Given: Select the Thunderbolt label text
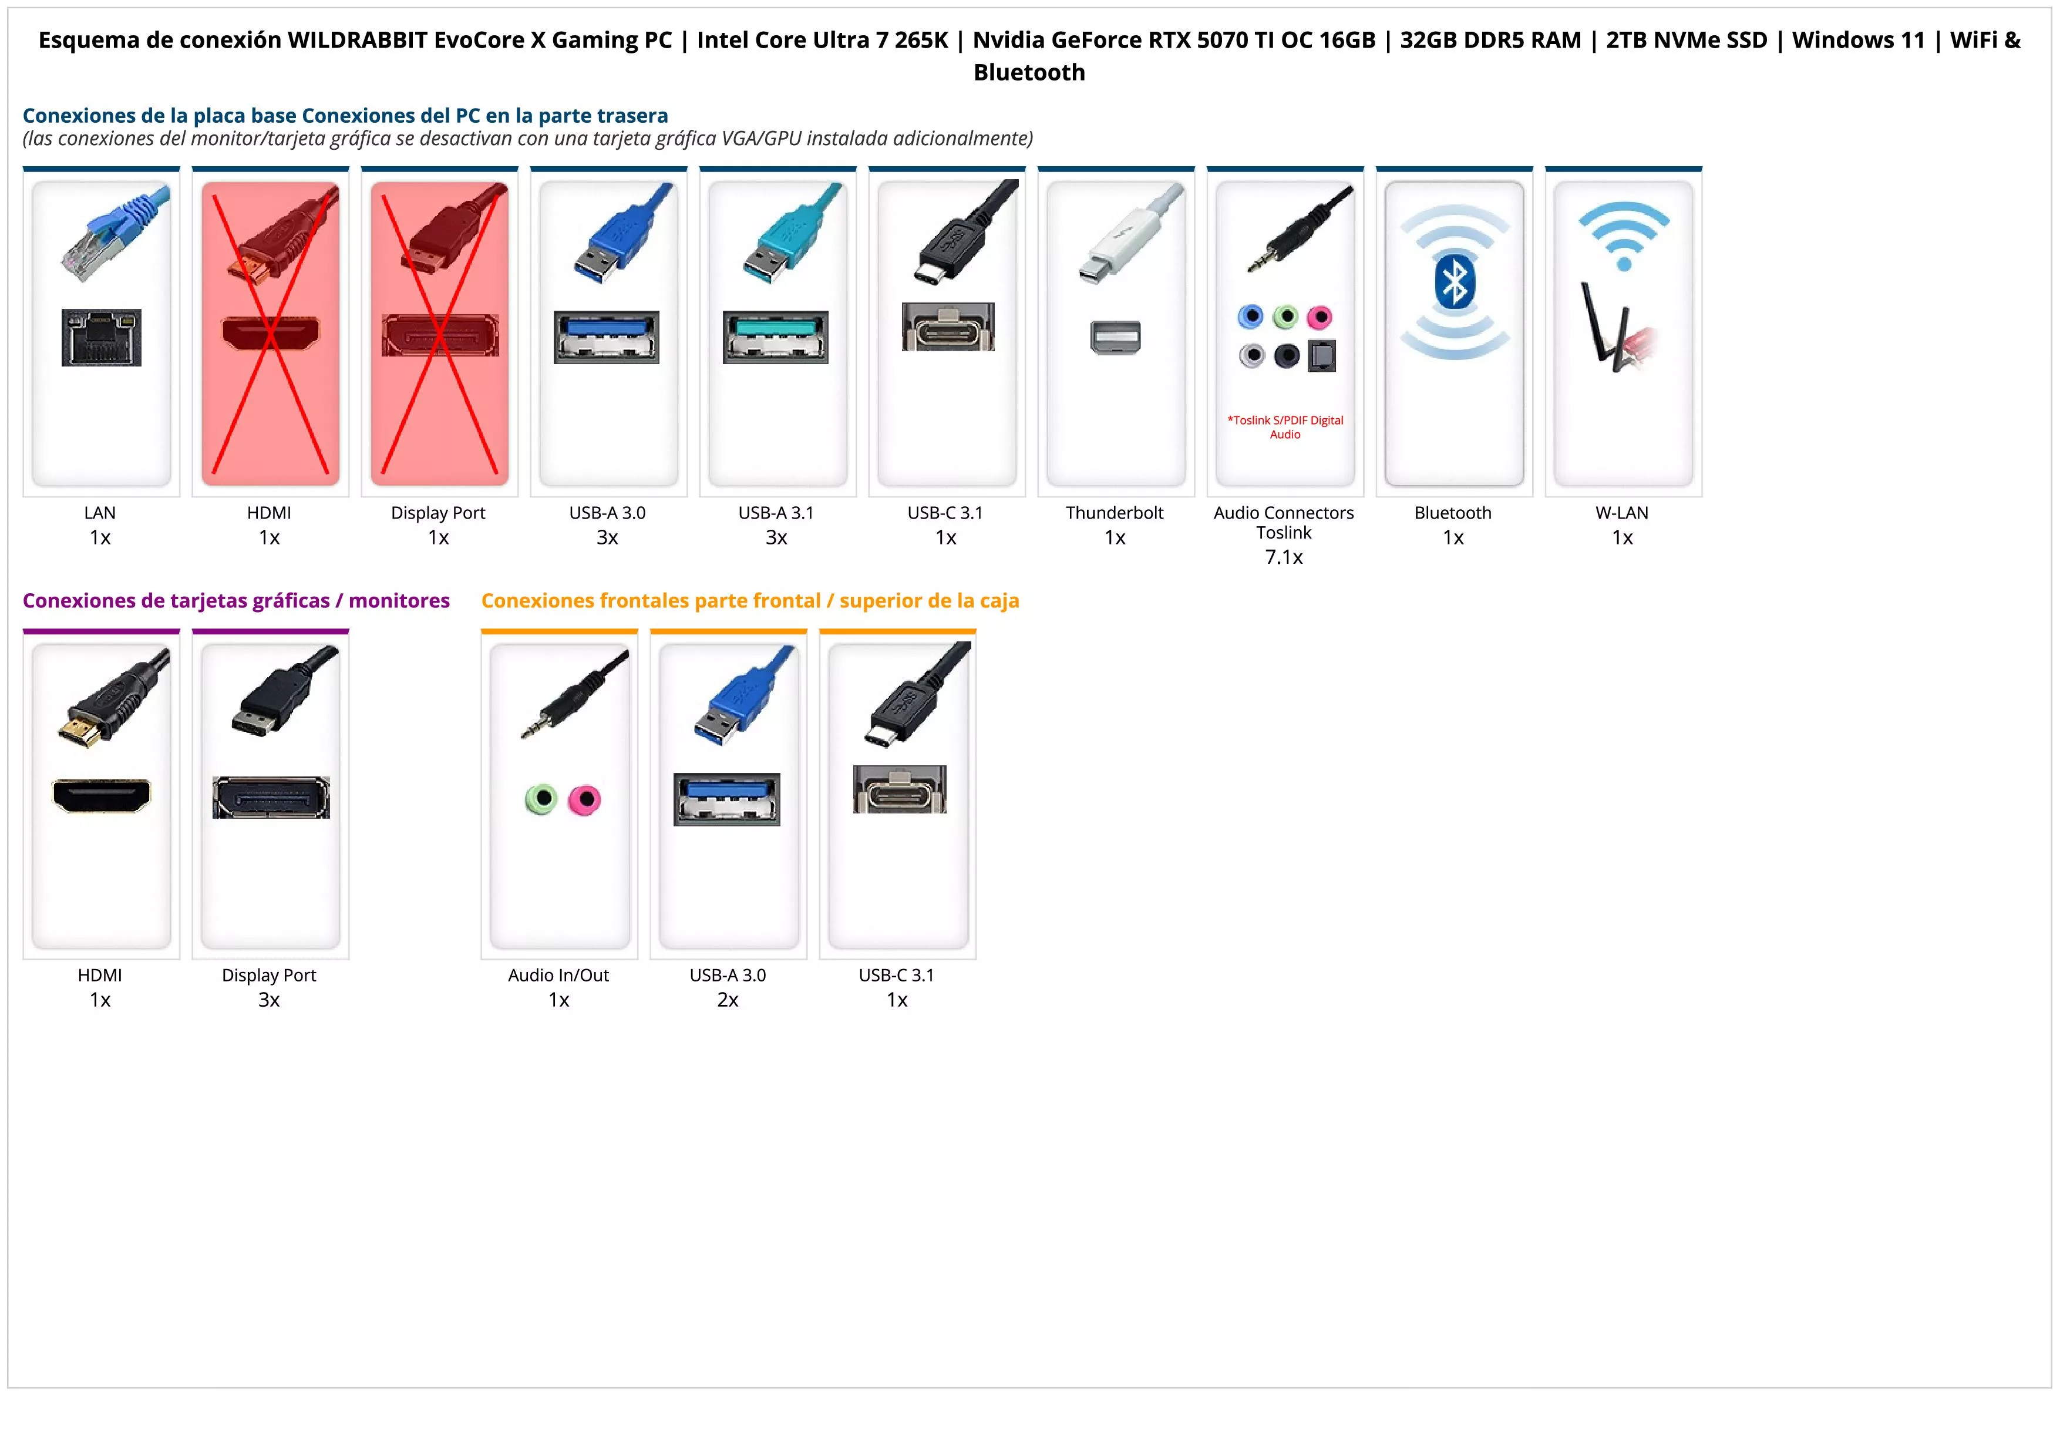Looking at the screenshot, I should pyautogui.click(x=1115, y=513).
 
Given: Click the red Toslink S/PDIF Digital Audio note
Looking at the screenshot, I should pyautogui.click(x=1285, y=427).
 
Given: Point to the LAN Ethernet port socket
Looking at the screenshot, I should pyautogui.click(x=102, y=337).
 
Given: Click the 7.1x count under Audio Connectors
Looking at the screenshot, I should pyautogui.click(x=1284, y=557).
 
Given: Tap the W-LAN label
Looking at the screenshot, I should pyautogui.click(x=1622, y=513).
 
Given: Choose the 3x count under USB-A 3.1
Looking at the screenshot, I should pyautogui.click(x=776, y=537).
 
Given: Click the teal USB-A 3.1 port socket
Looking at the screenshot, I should pyautogui.click(x=776, y=337).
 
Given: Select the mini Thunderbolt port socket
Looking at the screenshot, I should pyautogui.click(x=1115, y=337).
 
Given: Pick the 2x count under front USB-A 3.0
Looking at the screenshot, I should pyautogui.click(x=728, y=1000).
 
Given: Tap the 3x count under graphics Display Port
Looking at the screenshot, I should pyautogui.click(x=269, y=1000).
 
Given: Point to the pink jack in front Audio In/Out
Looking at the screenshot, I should pyautogui.click(x=585, y=799).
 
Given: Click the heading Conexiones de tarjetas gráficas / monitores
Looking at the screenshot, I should pyautogui.click(x=236, y=601).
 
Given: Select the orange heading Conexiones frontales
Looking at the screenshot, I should pyautogui.click(x=750, y=601).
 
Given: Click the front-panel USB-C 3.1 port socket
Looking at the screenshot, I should pyautogui.click(x=899, y=789).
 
